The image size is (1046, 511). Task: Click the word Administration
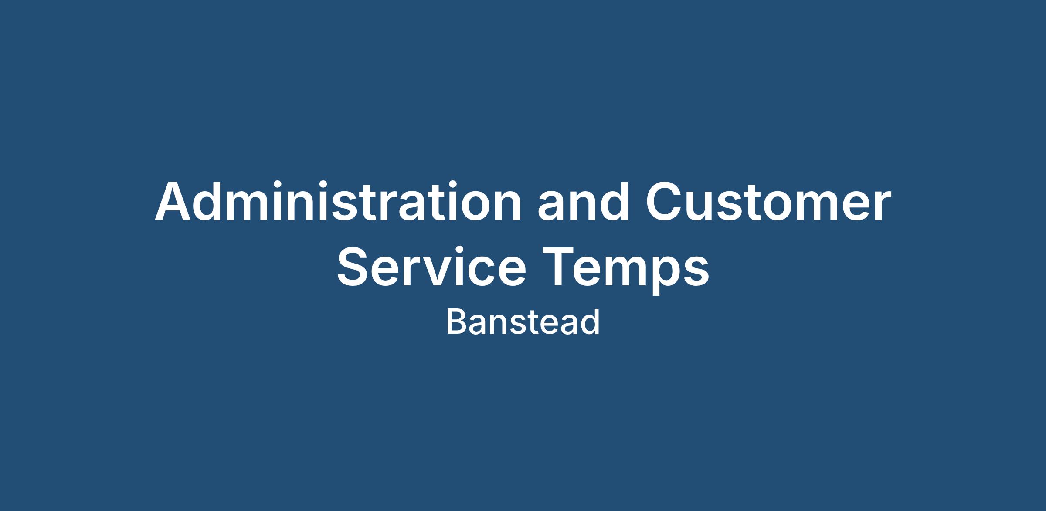tap(338, 201)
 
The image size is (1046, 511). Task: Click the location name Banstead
tap(523, 322)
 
